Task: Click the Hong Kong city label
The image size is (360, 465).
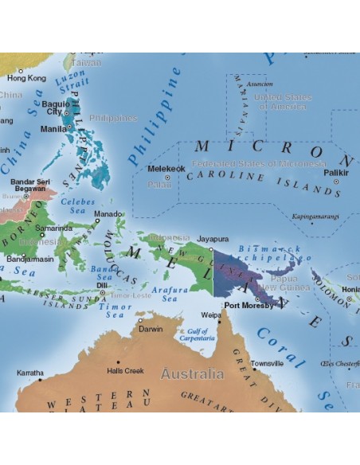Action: click(26, 79)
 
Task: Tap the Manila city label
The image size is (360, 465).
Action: click(53, 128)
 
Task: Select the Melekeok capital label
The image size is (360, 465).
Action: click(166, 169)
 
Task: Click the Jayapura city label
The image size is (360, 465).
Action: click(213, 237)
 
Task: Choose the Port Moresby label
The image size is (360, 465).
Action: click(248, 305)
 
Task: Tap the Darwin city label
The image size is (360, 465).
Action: click(151, 329)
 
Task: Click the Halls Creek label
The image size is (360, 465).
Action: click(125, 371)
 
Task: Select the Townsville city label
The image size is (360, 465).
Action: click(266, 363)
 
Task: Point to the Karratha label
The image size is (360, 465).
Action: click(30, 372)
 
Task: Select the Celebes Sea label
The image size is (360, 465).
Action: click(77, 207)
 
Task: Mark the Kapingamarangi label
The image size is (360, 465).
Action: click(315, 216)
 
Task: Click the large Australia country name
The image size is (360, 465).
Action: click(192, 373)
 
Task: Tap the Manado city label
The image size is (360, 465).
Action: click(108, 214)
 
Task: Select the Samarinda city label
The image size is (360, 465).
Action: click(54, 228)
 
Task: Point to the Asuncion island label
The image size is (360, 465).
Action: click(260, 84)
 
